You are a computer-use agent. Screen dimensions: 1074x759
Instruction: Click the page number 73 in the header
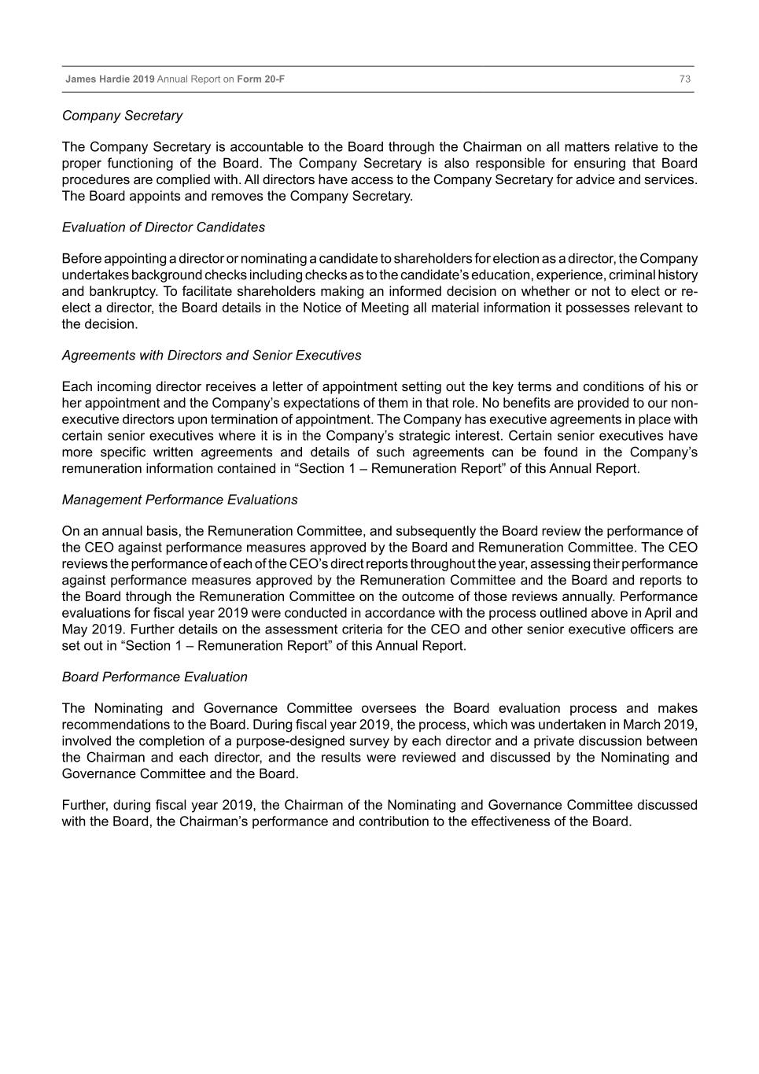(x=684, y=79)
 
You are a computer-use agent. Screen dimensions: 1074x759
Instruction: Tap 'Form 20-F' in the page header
(x=260, y=79)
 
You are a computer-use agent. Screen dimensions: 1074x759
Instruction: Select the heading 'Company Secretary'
(x=122, y=116)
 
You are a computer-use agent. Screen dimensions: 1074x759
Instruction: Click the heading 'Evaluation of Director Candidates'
(x=164, y=227)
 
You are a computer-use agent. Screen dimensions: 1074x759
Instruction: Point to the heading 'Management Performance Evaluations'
(x=179, y=500)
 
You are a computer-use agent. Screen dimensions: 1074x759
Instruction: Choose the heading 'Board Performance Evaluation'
(x=154, y=677)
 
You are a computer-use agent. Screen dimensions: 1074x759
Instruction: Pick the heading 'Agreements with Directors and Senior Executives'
(x=212, y=356)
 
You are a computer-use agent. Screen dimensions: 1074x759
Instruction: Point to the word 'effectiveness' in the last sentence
(x=511, y=822)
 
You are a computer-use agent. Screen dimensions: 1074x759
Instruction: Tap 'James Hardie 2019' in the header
(x=110, y=79)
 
